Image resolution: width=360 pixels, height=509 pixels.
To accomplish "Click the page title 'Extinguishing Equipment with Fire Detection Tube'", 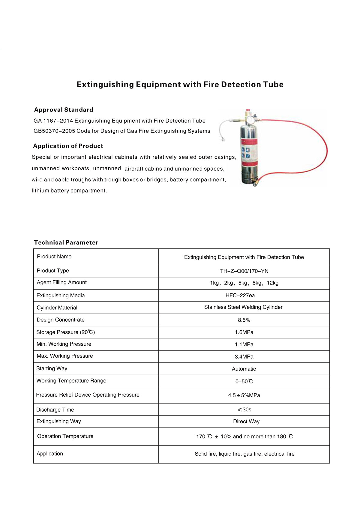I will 180,85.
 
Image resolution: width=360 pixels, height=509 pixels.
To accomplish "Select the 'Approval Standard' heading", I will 64,110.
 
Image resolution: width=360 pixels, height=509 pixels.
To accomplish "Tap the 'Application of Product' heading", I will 68,146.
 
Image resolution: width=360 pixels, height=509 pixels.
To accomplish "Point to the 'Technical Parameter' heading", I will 66,243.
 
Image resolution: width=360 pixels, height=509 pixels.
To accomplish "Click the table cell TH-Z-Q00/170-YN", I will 244,271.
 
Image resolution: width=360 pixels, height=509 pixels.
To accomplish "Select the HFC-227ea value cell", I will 240,296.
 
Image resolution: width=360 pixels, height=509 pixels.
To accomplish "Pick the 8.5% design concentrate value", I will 244,320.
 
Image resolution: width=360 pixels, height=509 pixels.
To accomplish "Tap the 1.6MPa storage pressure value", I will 244,332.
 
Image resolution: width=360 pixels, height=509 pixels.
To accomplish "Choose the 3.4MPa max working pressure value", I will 244,357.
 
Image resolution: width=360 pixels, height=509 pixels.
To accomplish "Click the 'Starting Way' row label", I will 52,368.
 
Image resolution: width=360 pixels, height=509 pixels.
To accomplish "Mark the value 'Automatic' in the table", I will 244,369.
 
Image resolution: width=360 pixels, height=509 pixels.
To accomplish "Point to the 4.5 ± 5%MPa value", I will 244,395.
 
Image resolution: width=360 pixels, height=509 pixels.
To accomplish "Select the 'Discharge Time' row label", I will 55,410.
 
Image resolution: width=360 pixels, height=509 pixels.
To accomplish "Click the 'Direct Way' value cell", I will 246,421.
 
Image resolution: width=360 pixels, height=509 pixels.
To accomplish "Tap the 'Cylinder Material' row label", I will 57,308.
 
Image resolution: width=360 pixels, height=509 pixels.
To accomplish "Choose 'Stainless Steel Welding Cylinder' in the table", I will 243,307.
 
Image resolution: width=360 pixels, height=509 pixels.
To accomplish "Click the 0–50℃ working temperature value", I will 244,382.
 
